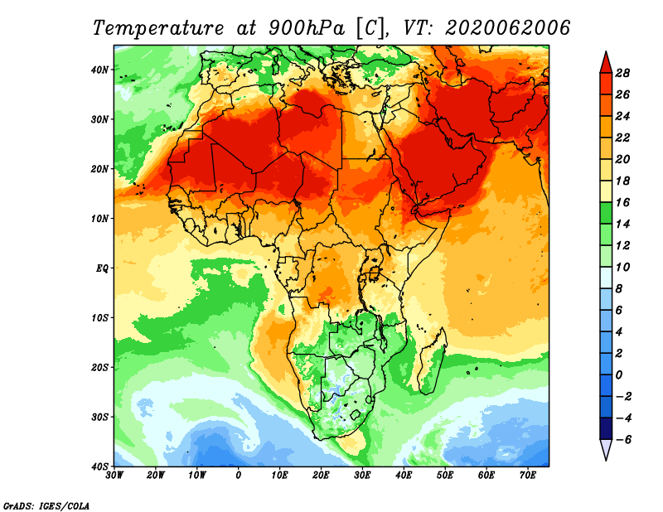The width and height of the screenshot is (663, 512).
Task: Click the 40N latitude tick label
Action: click(100, 70)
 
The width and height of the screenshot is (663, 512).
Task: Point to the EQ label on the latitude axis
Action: click(102, 268)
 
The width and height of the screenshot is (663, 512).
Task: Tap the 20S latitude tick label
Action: click(100, 367)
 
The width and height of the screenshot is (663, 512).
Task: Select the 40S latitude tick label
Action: click(100, 466)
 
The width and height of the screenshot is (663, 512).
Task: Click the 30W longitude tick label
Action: click(114, 476)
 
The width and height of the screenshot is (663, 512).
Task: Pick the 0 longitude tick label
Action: click(239, 476)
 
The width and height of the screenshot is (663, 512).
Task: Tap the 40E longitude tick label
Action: click(404, 476)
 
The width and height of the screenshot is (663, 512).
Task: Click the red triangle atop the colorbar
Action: click(606, 62)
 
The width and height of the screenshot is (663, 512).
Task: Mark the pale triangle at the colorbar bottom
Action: click(606, 449)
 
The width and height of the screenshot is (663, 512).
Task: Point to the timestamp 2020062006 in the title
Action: click(508, 27)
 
